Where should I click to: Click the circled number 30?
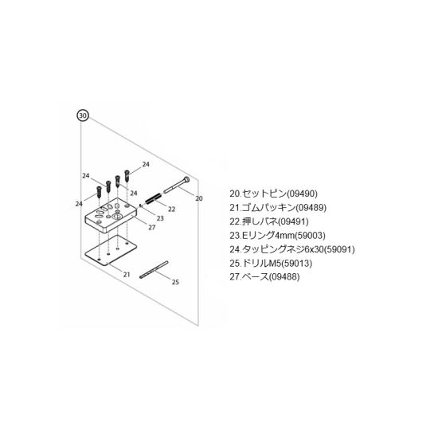click(x=83, y=115)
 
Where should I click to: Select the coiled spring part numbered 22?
click(x=153, y=198)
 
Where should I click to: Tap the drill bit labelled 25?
click(x=154, y=269)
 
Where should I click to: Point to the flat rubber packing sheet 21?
click(x=111, y=250)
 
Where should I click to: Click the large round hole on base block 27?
click(x=117, y=217)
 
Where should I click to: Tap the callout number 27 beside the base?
click(x=152, y=228)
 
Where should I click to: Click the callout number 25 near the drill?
click(x=175, y=282)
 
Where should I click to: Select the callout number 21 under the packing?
click(x=127, y=275)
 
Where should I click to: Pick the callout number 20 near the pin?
click(x=199, y=198)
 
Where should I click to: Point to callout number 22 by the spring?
click(x=171, y=209)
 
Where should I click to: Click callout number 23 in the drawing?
click(x=160, y=218)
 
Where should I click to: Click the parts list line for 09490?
click(x=273, y=194)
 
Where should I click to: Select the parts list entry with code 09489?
click(x=278, y=208)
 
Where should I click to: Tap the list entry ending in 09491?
click(x=269, y=221)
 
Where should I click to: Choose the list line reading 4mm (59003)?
click(x=277, y=236)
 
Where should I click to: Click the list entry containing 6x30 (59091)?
click(x=292, y=249)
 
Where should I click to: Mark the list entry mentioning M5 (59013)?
click(x=271, y=264)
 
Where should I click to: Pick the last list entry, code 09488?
click(x=264, y=277)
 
